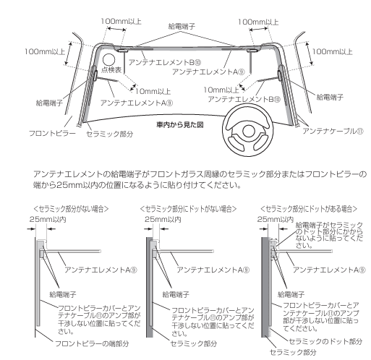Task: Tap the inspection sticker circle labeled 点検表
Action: click(108, 60)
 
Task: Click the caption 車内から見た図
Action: click(180, 125)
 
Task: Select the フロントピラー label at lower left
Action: click(52, 134)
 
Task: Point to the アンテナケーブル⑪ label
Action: click(333, 132)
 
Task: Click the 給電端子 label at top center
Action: click(182, 26)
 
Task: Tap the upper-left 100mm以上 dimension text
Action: click(121, 22)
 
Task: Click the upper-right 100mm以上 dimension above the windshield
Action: click(258, 22)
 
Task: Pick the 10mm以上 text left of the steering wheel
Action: click(221, 90)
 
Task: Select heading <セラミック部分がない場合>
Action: click(71, 209)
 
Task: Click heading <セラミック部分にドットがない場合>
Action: click(188, 209)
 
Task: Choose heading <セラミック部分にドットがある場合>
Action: click(309, 209)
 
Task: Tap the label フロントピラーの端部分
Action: click(92, 343)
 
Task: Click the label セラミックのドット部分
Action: click(325, 341)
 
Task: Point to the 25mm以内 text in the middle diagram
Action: click(163, 219)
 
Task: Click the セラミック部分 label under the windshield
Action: click(110, 134)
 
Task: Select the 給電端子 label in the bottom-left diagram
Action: click(63, 294)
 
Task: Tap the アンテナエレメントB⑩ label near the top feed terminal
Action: click(165, 62)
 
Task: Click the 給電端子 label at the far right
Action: click(330, 97)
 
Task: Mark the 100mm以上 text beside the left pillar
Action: click(45, 51)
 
